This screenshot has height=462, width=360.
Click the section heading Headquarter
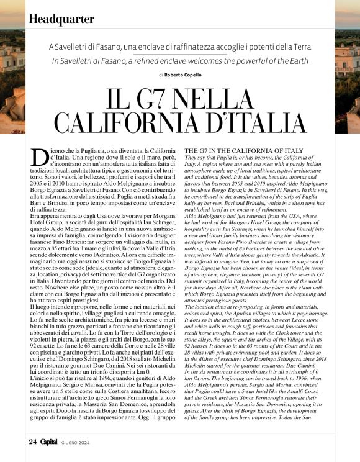click(61, 19)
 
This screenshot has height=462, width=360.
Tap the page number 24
click(33, 442)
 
